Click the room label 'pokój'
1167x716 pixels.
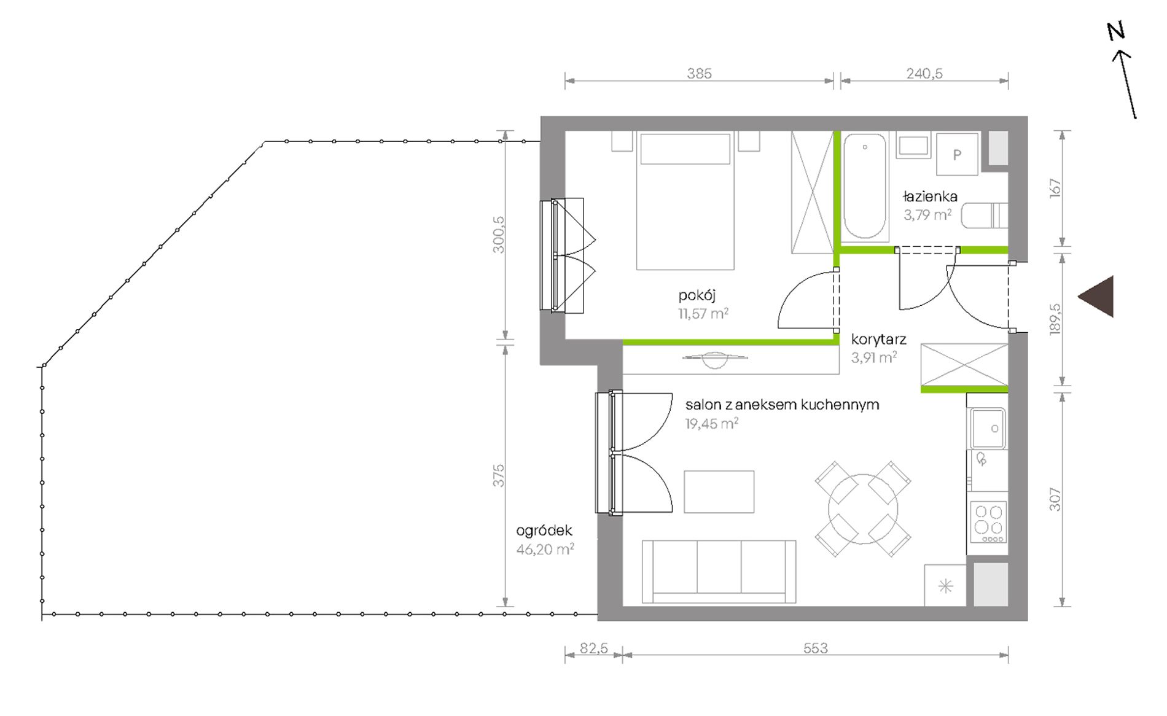(697, 296)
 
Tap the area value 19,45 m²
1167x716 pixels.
(712, 423)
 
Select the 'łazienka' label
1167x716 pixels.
(930, 197)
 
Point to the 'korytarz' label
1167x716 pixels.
(878, 340)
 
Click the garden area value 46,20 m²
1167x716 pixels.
(545, 549)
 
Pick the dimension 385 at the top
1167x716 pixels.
(700, 74)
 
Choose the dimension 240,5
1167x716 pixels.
(924, 74)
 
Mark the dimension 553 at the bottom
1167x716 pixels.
(816, 648)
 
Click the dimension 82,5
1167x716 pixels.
(593, 648)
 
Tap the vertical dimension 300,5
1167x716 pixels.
(498, 235)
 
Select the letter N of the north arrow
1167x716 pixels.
(1116, 31)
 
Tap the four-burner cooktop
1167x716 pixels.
(988, 522)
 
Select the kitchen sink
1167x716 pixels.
(987, 428)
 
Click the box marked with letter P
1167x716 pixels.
(957, 155)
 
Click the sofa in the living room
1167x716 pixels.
(719, 572)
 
